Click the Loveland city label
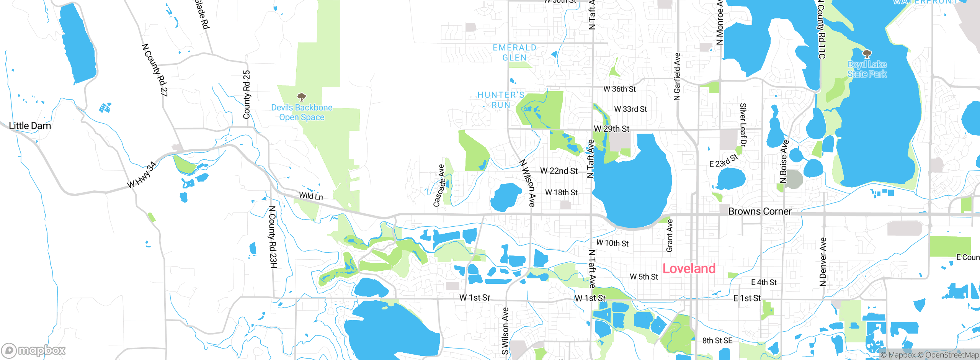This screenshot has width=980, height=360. (689, 268)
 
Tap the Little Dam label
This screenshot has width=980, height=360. (30, 126)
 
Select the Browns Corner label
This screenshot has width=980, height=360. (759, 211)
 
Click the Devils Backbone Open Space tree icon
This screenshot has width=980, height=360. (302, 97)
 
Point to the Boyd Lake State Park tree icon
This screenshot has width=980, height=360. (867, 54)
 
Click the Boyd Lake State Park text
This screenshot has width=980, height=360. (867, 69)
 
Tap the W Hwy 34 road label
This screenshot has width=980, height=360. (142, 175)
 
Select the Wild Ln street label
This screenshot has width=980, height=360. (311, 196)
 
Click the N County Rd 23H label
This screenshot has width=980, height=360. (273, 237)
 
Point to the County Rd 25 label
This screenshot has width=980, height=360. (247, 94)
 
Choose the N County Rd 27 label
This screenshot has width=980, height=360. (155, 70)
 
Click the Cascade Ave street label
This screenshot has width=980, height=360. (439, 186)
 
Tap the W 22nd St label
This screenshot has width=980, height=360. (559, 171)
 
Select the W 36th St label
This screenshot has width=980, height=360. (619, 89)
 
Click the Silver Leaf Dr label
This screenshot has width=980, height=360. (743, 125)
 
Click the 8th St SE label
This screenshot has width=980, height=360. (717, 340)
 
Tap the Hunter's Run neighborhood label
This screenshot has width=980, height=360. (501, 100)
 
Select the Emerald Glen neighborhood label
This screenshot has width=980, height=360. (514, 52)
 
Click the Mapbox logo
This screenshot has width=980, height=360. (34, 350)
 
